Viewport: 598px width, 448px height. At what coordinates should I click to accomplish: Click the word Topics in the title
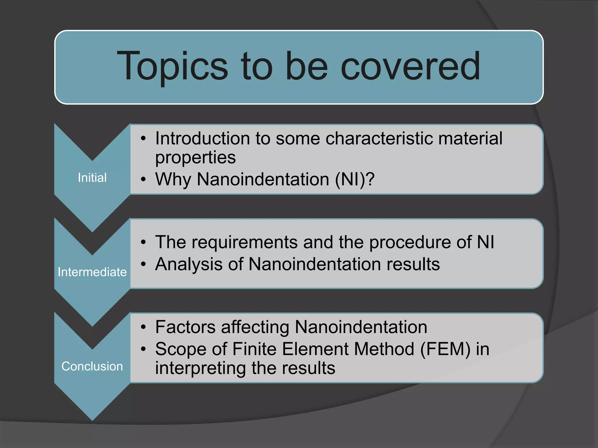click(172, 66)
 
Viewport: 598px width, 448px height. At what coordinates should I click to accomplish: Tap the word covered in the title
click(410, 66)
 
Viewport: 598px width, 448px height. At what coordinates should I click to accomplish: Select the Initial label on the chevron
click(92, 178)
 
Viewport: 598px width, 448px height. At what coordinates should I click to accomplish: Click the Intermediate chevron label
click(92, 272)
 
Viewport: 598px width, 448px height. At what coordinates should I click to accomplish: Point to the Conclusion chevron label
click(92, 366)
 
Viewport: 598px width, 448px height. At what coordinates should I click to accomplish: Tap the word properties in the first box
click(195, 158)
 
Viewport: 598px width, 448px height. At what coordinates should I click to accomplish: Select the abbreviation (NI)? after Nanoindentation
click(354, 179)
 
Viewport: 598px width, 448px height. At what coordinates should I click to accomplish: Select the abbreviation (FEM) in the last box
click(445, 349)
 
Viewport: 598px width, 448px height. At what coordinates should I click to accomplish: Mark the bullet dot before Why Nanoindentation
click(143, 180)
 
